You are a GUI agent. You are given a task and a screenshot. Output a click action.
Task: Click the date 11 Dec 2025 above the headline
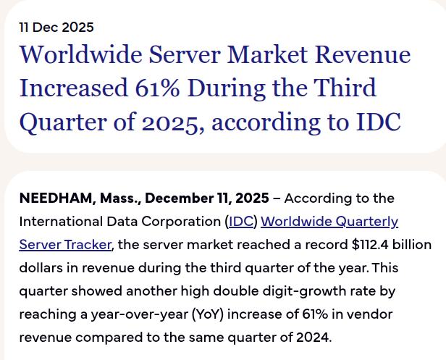tap(56, 28)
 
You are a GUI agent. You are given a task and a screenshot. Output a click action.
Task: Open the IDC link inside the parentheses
tap(240, 221)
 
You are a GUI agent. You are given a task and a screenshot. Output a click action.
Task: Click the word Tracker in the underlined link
tap(85, 244)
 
